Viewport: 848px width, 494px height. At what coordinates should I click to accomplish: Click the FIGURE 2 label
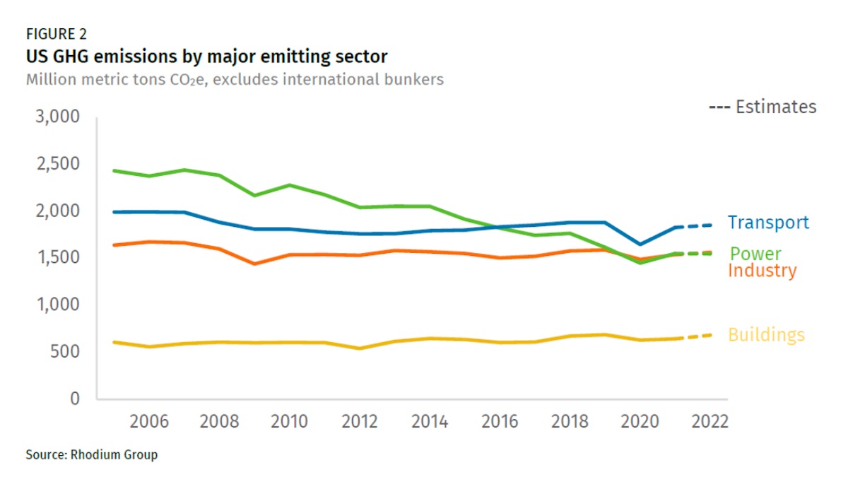coord(57,33)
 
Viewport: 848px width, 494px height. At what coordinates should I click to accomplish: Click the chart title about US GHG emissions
coord(206,55)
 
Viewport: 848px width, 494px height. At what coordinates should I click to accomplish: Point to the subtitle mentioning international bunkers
coord(235,78)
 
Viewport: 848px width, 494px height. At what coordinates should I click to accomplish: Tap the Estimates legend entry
coord(762,107)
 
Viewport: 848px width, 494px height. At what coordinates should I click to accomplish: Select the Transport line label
coord(768,223)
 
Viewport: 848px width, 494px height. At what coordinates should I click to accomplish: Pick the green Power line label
coord(755,254)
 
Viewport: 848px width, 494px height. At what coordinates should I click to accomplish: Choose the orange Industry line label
coord(762,271)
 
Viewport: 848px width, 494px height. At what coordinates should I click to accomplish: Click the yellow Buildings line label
coord(766,335)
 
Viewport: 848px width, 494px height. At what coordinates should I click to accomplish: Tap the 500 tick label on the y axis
coord(65,352)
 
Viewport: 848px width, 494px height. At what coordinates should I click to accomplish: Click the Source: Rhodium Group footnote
coord(91,454)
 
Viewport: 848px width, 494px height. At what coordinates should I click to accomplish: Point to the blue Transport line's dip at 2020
coord(640,244)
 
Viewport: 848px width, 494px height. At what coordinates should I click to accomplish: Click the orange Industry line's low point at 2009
coord(254,264)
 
